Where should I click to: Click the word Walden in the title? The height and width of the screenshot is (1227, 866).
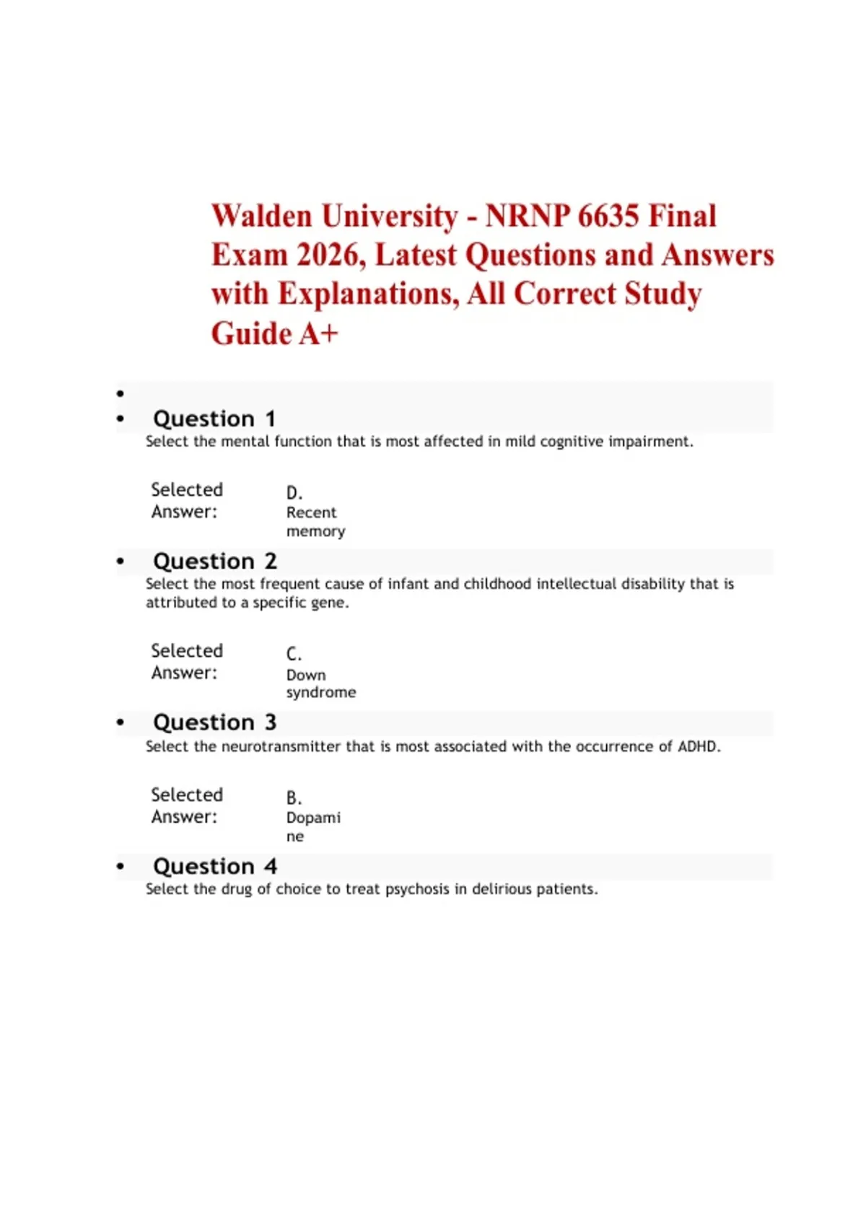[261, 216]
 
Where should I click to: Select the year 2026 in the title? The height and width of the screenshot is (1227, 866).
[330, 255]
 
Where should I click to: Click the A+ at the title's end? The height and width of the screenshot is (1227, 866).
[318, 333]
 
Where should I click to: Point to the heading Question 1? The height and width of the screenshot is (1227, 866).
[214, 419]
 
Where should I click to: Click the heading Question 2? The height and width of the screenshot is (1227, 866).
[214, 561]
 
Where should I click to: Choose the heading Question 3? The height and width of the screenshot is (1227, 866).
[214, 722]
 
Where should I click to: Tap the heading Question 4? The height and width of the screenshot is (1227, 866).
[214, 866]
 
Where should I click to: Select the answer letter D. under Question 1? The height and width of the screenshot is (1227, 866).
[294, 493]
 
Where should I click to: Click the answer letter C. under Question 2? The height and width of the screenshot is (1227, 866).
[294, 654]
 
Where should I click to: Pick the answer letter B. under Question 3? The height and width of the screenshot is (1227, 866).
[294, 798]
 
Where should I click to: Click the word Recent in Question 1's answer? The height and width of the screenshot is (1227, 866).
[311, 512]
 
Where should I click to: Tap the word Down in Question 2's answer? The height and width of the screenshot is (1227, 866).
[306, 675]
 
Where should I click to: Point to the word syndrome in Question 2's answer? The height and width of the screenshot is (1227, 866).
[321, 692]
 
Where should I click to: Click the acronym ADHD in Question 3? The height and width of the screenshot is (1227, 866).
[698, 746]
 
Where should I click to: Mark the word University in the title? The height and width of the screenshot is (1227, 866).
[390, 216]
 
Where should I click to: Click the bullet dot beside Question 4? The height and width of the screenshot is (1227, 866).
[121, 866]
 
